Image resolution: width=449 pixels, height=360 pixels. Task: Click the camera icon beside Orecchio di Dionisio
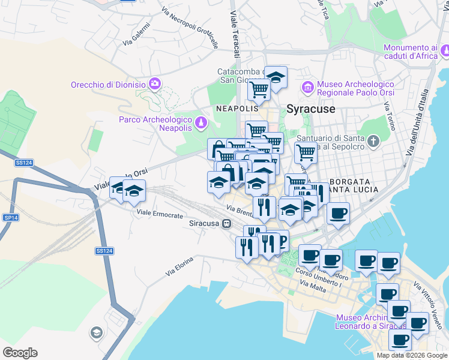(155, 83)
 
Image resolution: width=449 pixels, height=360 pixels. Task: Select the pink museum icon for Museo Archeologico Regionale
(308, 88)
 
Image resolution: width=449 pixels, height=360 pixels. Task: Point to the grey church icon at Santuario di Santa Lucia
(373, 142)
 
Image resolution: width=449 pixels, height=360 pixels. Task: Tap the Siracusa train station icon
(226, 224)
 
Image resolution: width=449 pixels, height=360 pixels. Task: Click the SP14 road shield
(10, 217)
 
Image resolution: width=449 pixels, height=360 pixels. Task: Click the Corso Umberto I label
(318, 279)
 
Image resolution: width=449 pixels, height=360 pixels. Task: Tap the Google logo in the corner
(20, 353)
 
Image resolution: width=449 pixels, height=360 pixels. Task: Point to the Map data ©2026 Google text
(412, 355)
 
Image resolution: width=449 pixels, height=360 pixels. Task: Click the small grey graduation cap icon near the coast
(96, 332)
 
